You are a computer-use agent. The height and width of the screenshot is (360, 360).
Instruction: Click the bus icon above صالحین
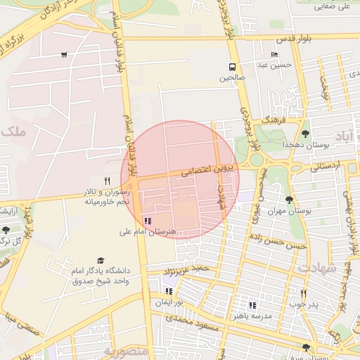[x=231, y=67]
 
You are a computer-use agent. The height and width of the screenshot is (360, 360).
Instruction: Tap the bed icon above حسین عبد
[x=274, y=54]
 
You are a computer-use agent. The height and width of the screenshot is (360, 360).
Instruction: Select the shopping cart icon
[x=64, y=55]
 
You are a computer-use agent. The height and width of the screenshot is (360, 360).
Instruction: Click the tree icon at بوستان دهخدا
[x=304, y=133]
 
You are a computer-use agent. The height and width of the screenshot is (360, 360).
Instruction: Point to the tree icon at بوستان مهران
[x=289, y=200]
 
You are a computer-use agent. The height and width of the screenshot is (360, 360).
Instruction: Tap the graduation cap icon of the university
[x=101, y=260]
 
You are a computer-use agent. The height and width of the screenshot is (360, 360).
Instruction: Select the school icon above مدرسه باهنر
[x=252, y=305]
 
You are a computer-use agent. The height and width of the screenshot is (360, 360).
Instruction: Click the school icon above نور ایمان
[x=168, y=290]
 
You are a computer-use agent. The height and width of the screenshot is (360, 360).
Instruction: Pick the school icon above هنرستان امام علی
[x=147, y=221]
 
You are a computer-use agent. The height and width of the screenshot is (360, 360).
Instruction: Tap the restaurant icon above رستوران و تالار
[x=107, y=181]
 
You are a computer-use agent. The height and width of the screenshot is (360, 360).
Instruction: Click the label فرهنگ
[x=271, y=120]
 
